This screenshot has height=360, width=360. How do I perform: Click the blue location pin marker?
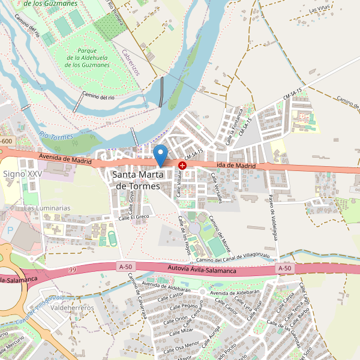pyautogui.click(x=160, y=155)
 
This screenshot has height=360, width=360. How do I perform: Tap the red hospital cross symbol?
pyautogui.click(x=182, y=164)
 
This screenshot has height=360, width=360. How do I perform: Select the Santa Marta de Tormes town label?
pyautogui.click(x=137, y=180)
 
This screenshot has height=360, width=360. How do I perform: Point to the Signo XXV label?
pyautogui.click(x=23, y=173)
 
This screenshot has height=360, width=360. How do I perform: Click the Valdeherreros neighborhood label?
pyautogui.click(x=73, y=308)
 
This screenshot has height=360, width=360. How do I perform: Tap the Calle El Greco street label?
pyautogui.click(x=133, y=217)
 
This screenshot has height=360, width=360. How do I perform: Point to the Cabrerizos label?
pyautogui.click(x=130, y=62)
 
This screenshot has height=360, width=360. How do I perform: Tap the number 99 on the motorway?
pyautogui.click(x=73, y=271)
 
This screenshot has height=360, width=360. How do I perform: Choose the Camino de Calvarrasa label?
pyautogui.click(x=137, y=296)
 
